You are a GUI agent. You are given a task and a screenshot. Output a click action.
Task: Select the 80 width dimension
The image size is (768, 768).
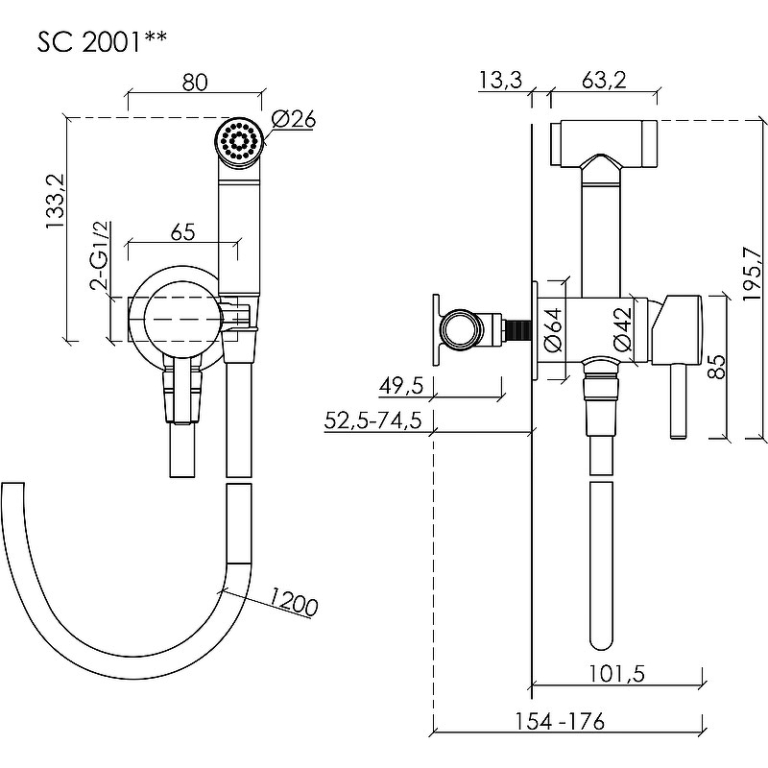point(195,83)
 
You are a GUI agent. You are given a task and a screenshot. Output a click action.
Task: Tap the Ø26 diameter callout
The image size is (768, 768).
point(295,120)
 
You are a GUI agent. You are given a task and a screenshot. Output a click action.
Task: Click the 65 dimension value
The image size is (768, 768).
point(182,231)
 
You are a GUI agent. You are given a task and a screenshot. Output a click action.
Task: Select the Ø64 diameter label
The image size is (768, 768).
point(553,332)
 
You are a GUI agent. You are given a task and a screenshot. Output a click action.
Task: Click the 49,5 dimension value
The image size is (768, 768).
point(402,386)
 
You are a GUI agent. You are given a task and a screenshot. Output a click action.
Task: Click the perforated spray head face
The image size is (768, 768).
point(239,141)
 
